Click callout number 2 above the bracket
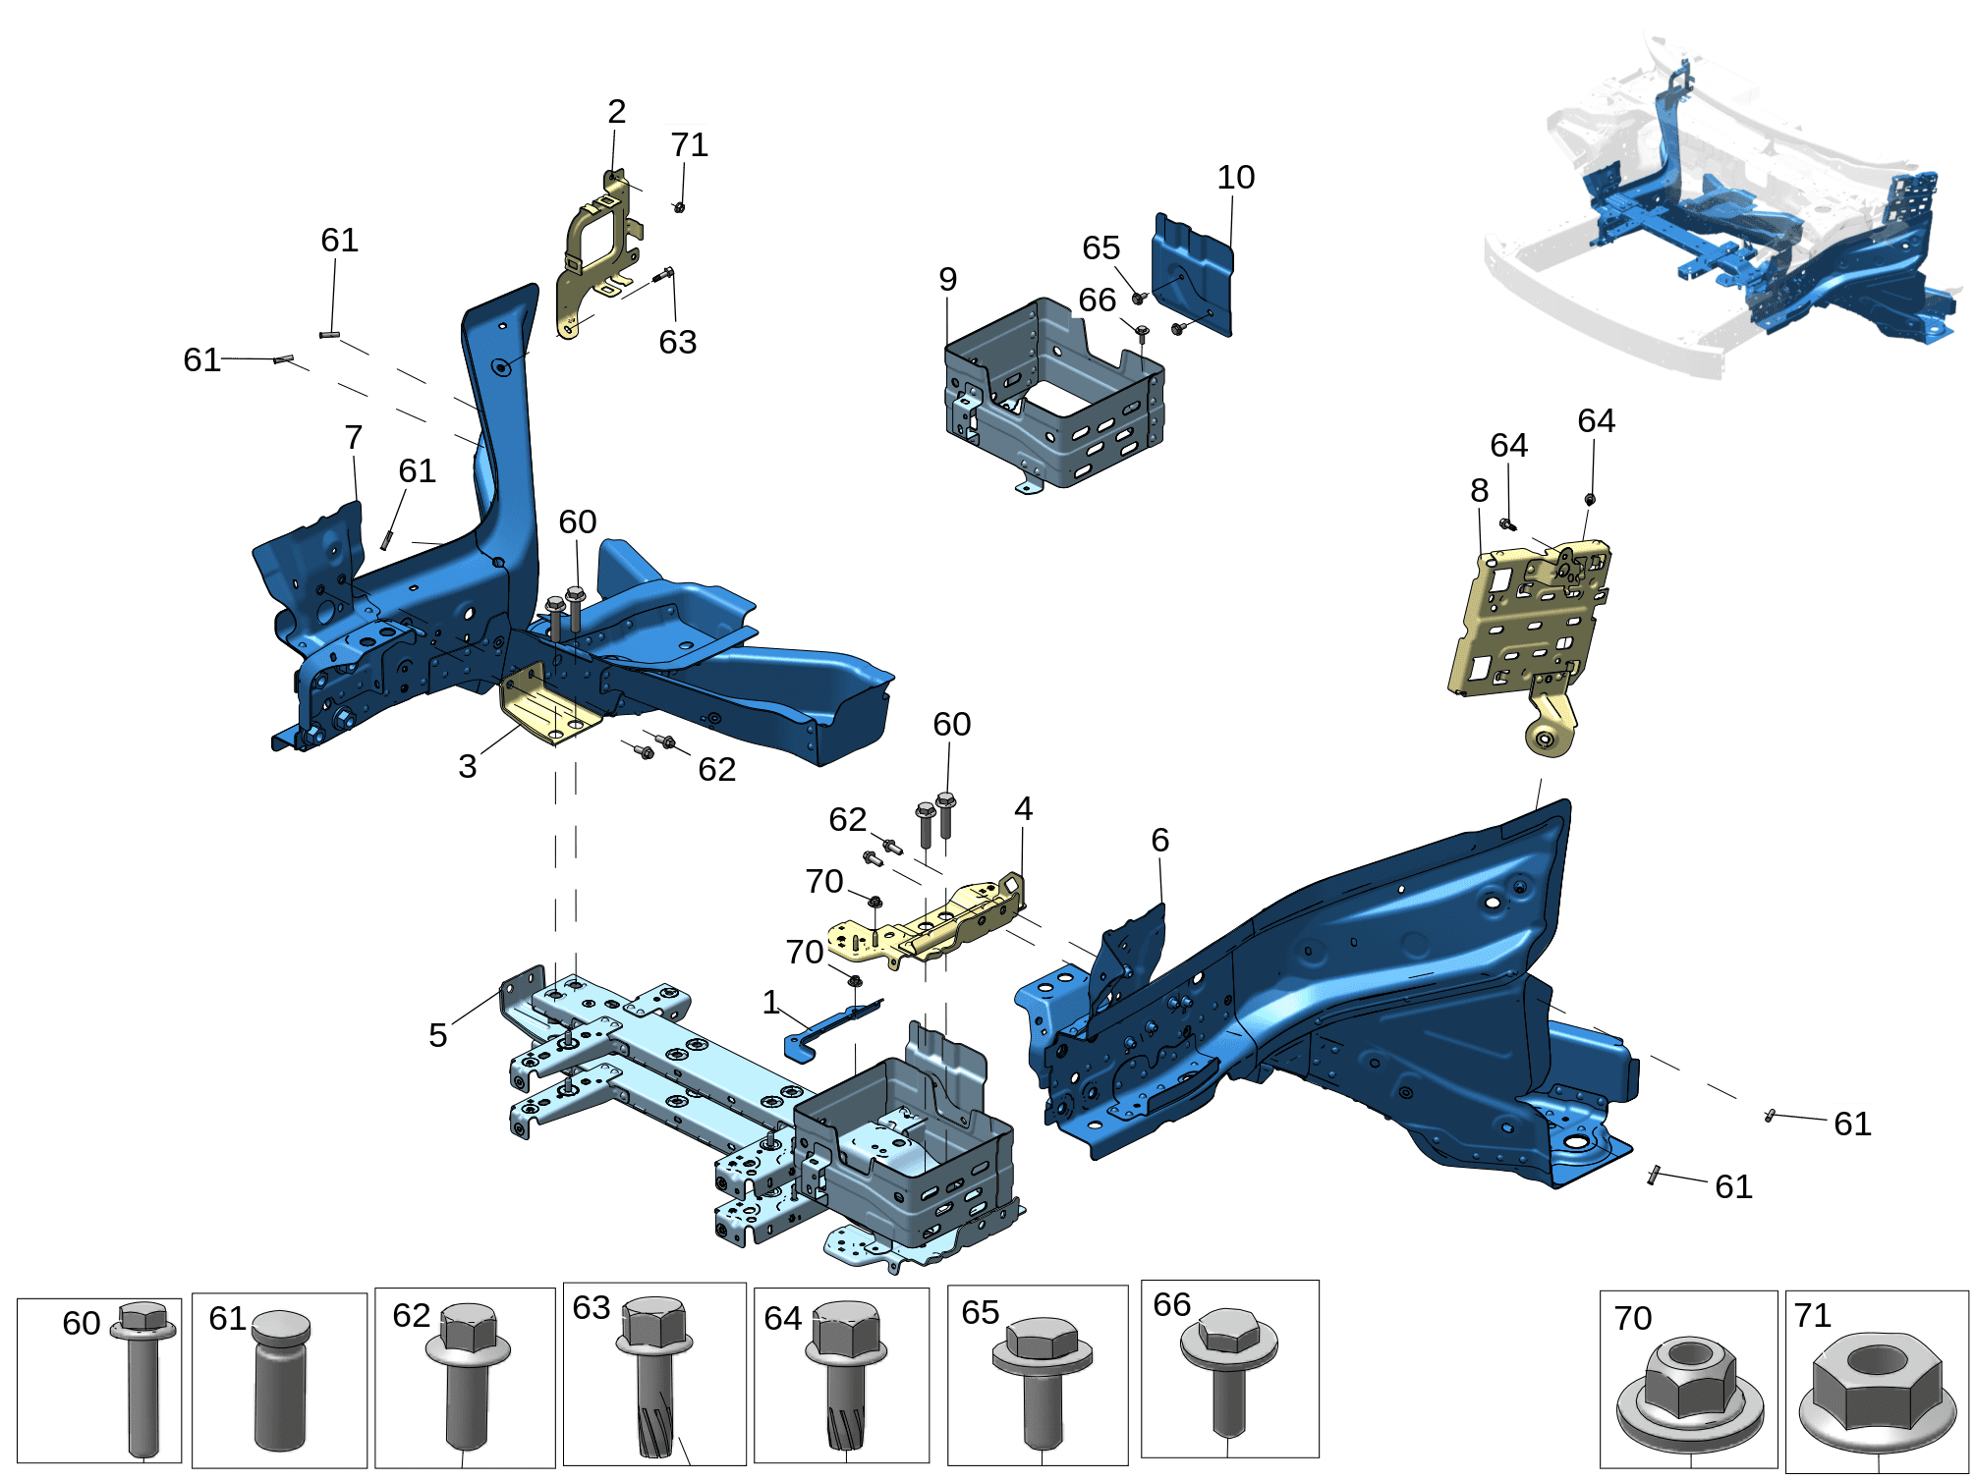(x=616, y=111)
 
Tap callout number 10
(x=1235, y=178)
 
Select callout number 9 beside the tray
(x=947, y=280)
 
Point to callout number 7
(x=354, y=437)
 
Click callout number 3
(x=468, y=766)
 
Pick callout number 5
(x=438, y=1035)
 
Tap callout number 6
(x=1160, y=841)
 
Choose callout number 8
(x=1480, y=490)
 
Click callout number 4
(x=1023, y=809)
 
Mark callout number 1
(x=771, y=1002)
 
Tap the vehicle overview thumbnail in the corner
(x=1726, y=201)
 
